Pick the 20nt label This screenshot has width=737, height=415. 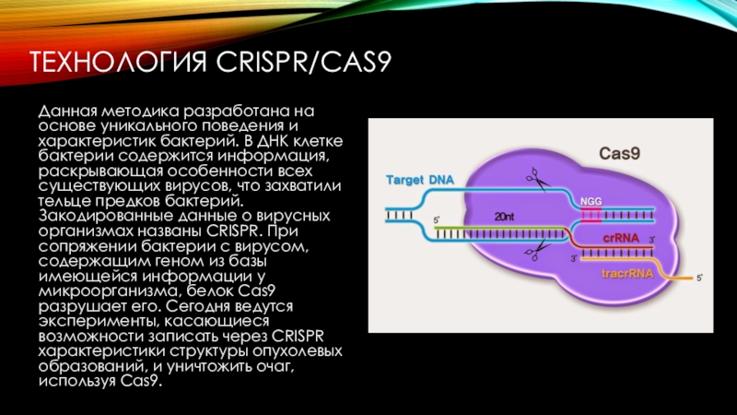pyautogui.click(x=504, y=216)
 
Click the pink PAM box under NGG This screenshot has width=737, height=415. pyautogui.click(x=590, y=216)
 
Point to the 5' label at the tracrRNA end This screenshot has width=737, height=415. pyautogui.click(x=697, y=277)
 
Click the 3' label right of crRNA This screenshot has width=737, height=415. pyautogui.click(x=650, y=241)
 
